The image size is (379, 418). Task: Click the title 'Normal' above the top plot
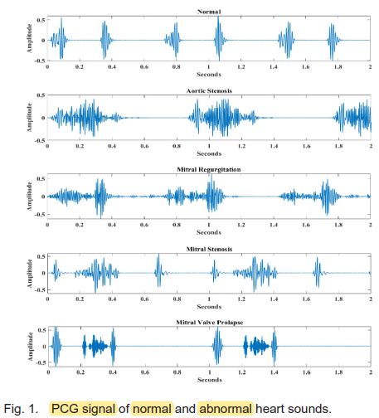[x=209, y=10]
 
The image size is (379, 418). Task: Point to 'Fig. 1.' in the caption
[x=21, y=407]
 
